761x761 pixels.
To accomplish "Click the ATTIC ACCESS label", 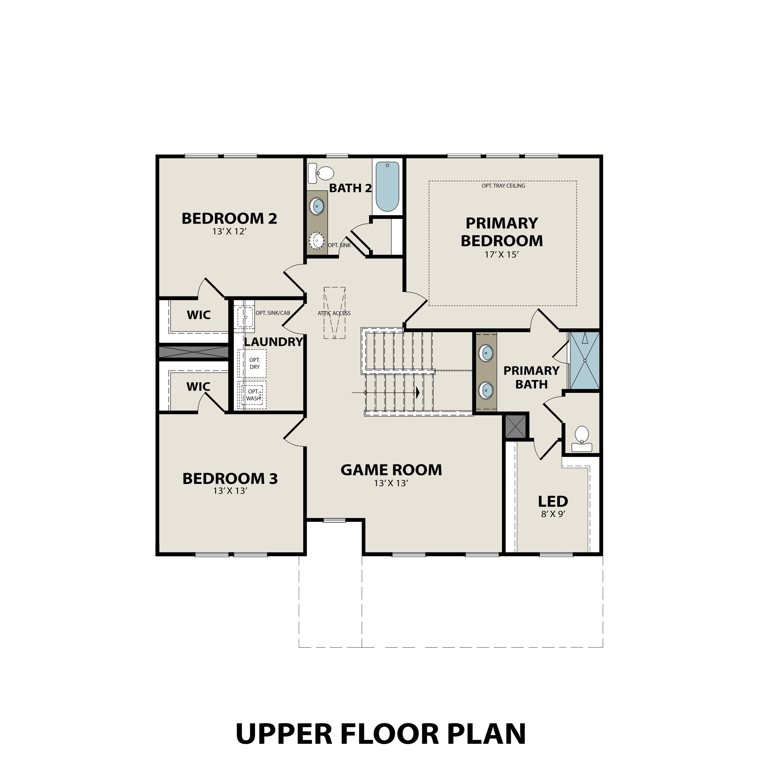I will (x=334, y=313).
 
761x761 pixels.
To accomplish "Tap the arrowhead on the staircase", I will (x=418, y=392).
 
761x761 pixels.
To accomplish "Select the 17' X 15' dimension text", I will (x=501, y=255).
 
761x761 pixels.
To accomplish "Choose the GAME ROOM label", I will (x=391, y=470).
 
